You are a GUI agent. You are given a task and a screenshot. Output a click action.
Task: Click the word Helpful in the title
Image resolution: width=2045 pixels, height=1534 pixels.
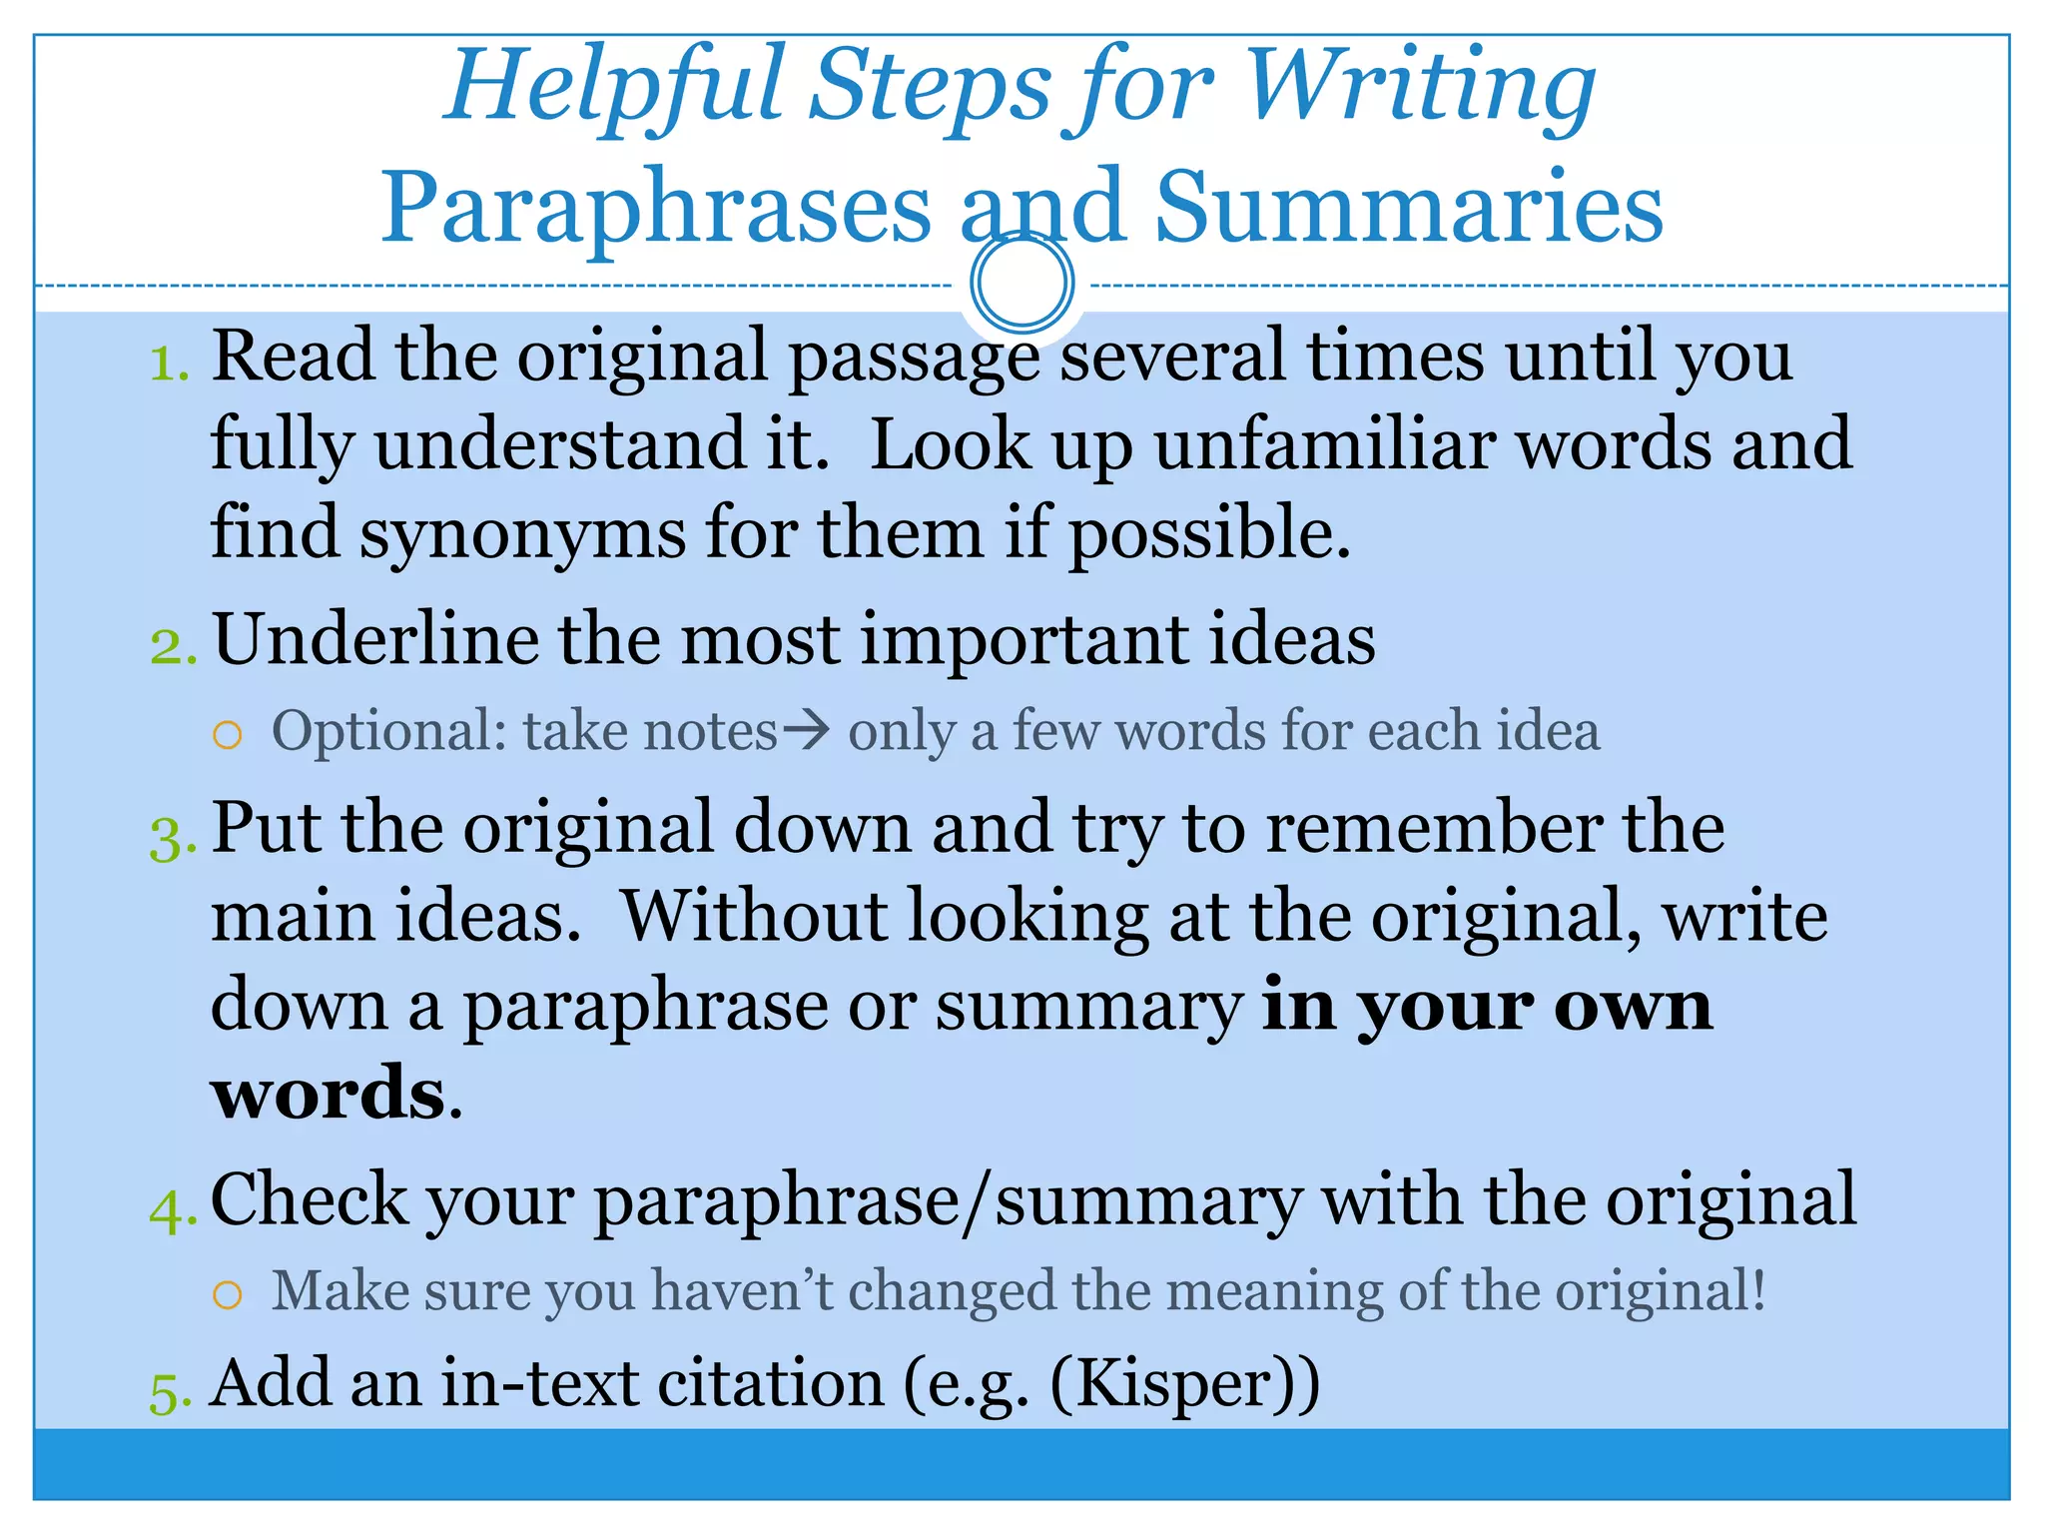point(611,88)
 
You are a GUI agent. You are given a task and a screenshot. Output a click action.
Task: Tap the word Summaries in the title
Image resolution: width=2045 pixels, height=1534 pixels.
point(1409,208)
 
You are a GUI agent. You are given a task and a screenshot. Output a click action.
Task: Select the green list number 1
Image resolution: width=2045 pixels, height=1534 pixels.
point(168,365)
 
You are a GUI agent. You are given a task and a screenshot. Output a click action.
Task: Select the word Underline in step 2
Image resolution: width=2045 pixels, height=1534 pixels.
point(375,639)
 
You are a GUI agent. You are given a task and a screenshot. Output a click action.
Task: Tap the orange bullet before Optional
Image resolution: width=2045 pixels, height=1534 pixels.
point(228,737)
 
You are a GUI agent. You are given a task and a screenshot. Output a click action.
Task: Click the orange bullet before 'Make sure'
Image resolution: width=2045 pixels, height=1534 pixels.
point(228,1296)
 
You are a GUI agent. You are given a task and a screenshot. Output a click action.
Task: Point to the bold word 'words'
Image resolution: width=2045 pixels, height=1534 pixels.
point(328,1093)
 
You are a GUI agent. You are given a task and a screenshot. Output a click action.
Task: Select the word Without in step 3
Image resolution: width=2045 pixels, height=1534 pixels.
point(755,917)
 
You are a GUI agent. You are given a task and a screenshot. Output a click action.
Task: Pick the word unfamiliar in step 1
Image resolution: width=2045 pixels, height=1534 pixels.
point(1325,444)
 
